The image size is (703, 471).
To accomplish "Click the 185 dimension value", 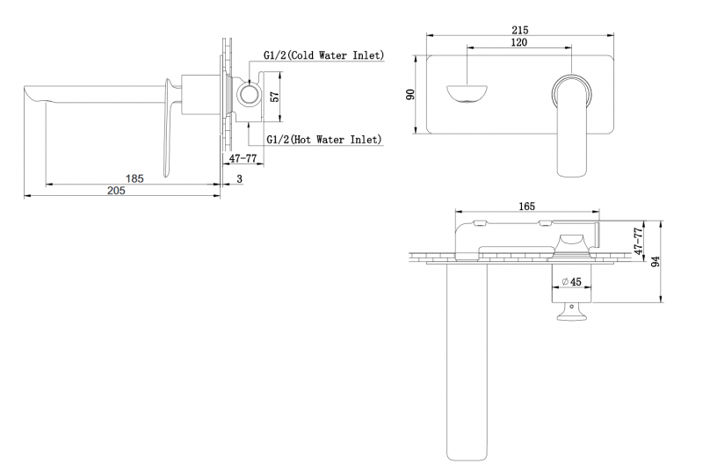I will click(x=134, y=178).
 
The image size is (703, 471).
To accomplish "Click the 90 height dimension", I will click(x=410, y=93).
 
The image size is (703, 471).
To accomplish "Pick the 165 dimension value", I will click(x=526, y=207).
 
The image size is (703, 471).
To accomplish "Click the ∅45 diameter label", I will click(x=571, y=282).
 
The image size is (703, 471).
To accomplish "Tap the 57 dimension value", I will click(x=274, y=97).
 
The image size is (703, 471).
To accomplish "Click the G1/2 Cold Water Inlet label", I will click(x=324, y=54).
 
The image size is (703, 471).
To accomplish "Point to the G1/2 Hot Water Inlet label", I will click(x=323, y=139).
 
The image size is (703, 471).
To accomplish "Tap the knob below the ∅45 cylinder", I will click(x=572, y=313).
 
